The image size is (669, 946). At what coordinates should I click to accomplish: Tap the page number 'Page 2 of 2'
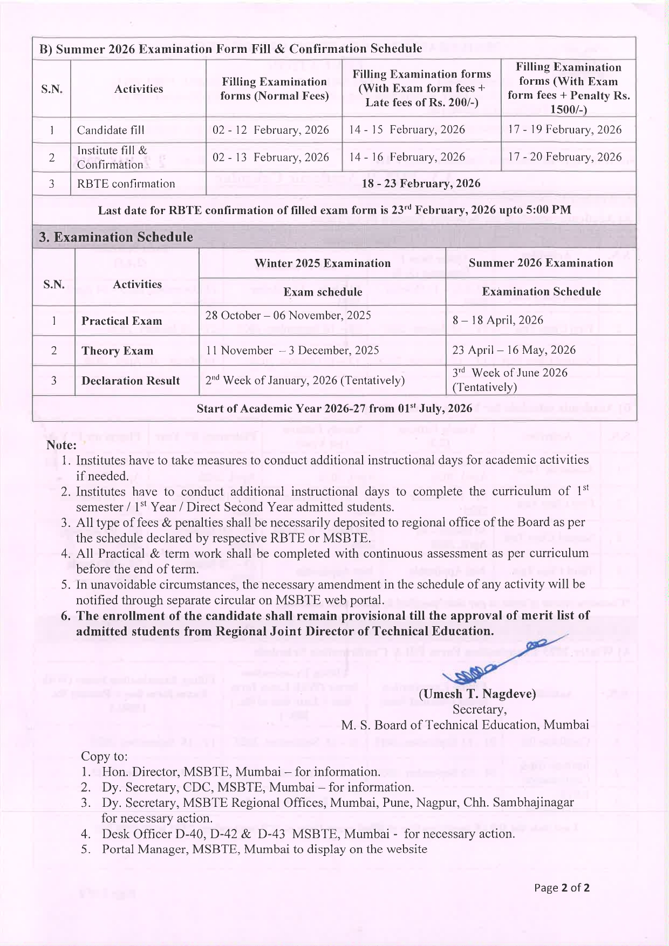pos(561,888)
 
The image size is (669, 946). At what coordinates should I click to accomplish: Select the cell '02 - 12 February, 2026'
pos(271,130)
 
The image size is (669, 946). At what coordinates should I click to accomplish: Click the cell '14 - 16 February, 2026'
pos(407,157)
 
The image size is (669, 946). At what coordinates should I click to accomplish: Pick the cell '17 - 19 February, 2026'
pos(564,129)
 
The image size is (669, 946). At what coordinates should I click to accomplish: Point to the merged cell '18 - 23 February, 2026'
pos(421,183)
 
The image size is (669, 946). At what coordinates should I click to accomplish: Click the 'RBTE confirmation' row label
pos(126,183)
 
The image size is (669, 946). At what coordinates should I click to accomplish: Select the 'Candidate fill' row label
pos(111,130)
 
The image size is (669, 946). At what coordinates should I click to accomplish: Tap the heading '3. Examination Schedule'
pos(116,237)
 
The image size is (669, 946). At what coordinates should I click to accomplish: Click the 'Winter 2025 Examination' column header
pos(322,263)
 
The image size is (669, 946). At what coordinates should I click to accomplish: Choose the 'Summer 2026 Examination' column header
pos(541,263)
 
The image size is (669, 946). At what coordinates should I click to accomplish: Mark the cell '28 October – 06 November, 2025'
pos(288,316)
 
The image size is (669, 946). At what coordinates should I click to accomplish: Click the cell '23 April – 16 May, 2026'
pos(514,350)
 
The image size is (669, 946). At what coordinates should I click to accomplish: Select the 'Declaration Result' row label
pos(131,381)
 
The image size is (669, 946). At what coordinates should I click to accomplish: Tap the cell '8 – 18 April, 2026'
pos(497,320)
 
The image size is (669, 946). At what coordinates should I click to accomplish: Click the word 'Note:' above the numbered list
pos(61,445)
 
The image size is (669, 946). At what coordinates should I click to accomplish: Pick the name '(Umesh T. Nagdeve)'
pos(477,694)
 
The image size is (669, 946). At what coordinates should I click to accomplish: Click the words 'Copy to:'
pos(104,756)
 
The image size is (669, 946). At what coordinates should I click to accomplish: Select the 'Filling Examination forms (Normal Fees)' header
pos(274,88)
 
